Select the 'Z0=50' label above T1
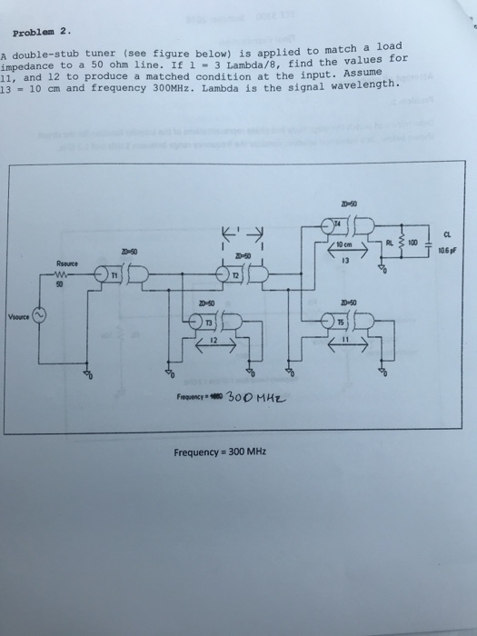pyautogui.click(x=129, y=251)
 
